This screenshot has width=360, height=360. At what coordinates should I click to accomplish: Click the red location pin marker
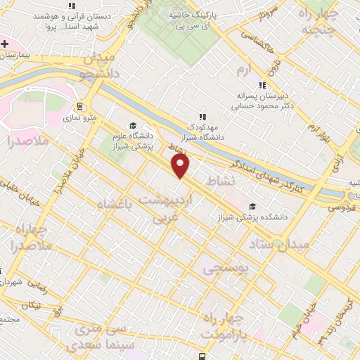[181, 166]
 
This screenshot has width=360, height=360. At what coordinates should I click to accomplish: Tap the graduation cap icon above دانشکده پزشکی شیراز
[252, 206]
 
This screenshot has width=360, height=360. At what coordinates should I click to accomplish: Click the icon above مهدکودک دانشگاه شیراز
[202, 117]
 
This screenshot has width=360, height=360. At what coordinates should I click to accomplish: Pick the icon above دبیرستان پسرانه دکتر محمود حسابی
[262, 85]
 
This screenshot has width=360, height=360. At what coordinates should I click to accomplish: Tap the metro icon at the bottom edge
[202, 356]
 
